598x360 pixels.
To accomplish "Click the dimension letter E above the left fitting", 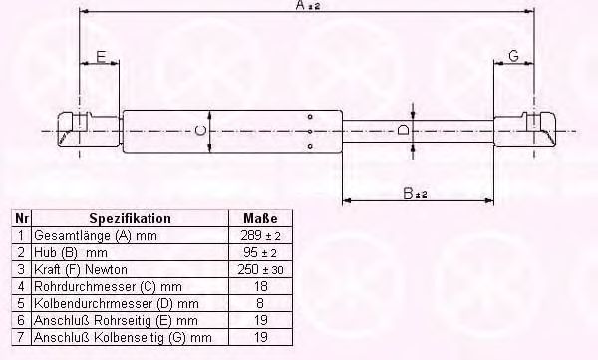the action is pyautogui.click(x=101, y=57).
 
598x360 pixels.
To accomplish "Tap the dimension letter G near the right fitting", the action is pyautogui.click(x=513, y=56).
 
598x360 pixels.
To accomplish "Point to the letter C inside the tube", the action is pyautogui.click(x=200, y=131).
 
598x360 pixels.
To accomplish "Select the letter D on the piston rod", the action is pyautogui.click(x=403, y=130).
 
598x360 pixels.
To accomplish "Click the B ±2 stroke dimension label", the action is pyautogui.click(x=415, y=193).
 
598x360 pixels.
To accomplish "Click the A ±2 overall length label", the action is pyautogui.click(x=308, y=5).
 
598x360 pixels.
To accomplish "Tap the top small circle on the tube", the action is pyautogui.click(x=310, y=116).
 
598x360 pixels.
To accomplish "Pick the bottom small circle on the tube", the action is pyautogui.click(x=310, y=146).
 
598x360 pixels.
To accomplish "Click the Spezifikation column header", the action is pyautogui.click(x=130, y=218).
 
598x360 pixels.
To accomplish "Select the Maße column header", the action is pyautogui.click(x=260, y=218).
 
